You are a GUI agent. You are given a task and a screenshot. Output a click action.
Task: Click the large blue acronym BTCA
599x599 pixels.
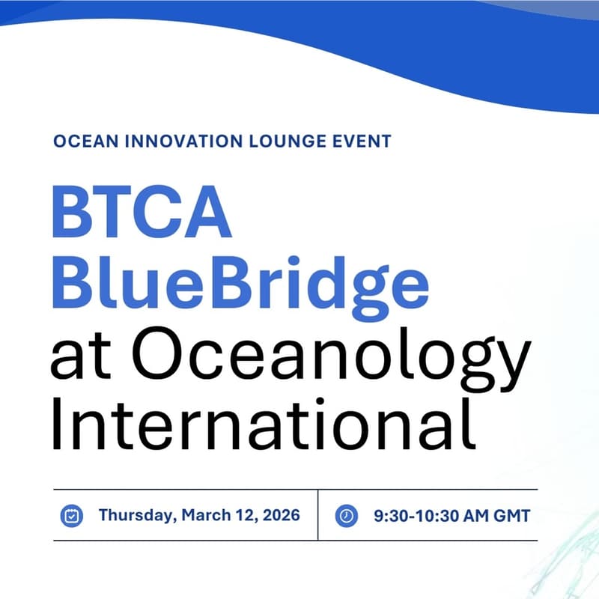coord(141,213)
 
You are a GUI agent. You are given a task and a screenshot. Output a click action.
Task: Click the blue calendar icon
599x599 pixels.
coord(72,515)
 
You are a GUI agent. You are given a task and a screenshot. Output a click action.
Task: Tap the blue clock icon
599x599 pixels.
coord(345,515)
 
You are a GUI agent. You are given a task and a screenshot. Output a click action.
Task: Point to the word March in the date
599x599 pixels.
coord(197,515)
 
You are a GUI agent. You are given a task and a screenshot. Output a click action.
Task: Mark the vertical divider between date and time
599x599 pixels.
coord(318,515)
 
